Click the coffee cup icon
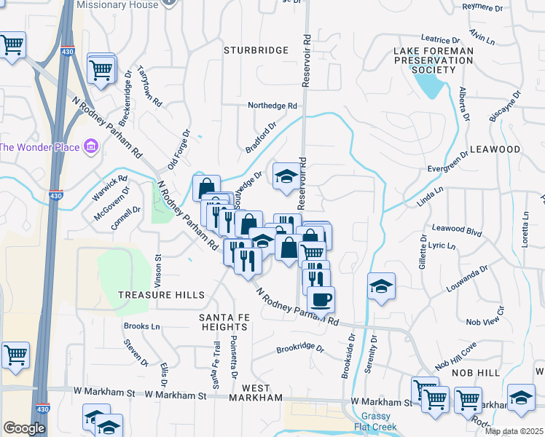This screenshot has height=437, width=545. (x=321, y=298)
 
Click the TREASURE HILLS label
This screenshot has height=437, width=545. (x=162, y=294)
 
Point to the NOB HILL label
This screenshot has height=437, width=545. (x=475, y=372)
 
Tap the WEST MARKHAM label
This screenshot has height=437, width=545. (x=256, y=393)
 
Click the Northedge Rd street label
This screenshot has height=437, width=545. (x=273, y=106)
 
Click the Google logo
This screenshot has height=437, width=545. (x=24, y=428)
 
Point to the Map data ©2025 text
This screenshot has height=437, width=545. (x=514, y=431)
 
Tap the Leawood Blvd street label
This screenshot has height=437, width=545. (x=458, y=231)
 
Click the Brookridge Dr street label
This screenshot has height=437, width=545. (x=299, y=348)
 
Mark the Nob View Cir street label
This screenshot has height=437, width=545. (x=485, y=321)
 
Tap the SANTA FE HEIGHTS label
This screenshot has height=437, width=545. (x=220, y=323)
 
